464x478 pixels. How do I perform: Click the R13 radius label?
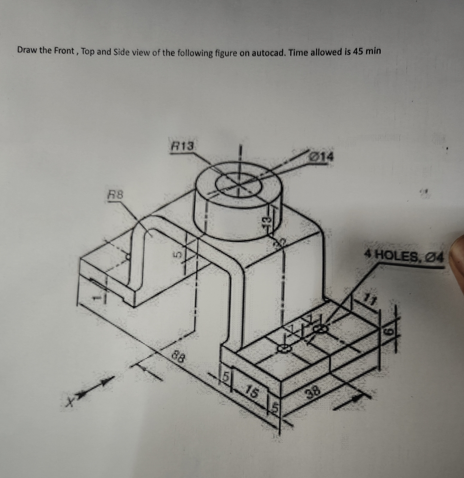click(183, 146)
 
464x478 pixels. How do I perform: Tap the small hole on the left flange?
click(128, 257)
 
